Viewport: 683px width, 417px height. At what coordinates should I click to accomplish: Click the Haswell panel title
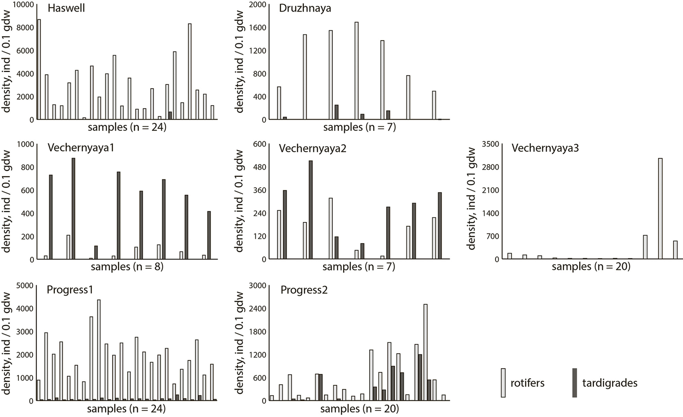tap(66, 8)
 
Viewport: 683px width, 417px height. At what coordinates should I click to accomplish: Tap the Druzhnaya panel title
tap(305, 8)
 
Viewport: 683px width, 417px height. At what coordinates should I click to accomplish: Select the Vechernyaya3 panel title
tap(545, 148)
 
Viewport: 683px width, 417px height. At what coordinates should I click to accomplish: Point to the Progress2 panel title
tap(304, 290)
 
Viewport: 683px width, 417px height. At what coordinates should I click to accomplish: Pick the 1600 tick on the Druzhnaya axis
tap(257, 28)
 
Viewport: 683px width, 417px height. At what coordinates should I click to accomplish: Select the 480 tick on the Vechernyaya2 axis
tap(260, 167)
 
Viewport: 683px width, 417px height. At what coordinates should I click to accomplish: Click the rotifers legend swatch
tap(503, 383)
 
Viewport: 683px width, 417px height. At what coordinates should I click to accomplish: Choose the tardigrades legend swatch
tap(575, 383)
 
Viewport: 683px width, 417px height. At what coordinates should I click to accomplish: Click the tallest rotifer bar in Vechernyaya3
tap(660, 209)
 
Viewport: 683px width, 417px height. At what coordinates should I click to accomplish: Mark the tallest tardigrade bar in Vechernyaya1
tap(73, 209)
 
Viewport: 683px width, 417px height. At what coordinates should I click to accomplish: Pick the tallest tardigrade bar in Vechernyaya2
tap(311, 210)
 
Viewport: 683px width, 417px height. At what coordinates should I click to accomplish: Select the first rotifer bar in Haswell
tap(39, 69)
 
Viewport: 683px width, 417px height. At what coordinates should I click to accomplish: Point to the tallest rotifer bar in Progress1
tap(99, 350)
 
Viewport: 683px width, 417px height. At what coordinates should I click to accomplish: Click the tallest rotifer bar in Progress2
tap(425, 352)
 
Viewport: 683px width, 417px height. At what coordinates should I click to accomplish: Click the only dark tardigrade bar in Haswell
tap(170, 116)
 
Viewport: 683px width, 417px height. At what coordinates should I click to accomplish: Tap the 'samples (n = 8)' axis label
tap(127, 267)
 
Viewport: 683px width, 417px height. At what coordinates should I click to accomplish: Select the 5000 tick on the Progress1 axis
tap(25, 286)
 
